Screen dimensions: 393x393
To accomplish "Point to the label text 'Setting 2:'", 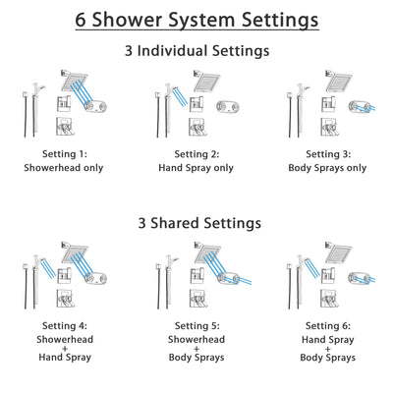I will pyautogui.click(x=196, y=154).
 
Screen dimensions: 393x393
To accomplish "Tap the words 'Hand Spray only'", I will pyautogui.click(x=196, y=167).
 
